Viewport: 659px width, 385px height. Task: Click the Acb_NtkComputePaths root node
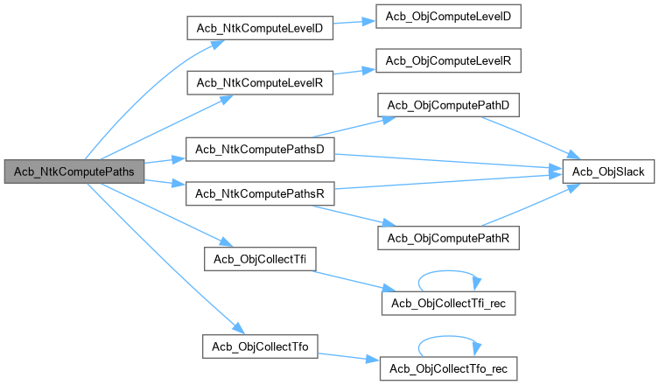pyautogui.click(x=73, y=171)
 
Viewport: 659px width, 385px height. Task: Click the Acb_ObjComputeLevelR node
pyautogui.click(x=448, y=60)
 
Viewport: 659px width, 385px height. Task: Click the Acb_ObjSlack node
pyautogui.click(x=608, y=172)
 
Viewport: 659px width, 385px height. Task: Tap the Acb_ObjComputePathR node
pyautogui.click(x=448, y=237)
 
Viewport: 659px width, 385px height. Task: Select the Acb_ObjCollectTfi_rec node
pyautogui.click(x=448, y=302)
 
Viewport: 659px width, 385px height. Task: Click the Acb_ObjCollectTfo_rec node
pyautogui.click(x=448, y=368)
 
